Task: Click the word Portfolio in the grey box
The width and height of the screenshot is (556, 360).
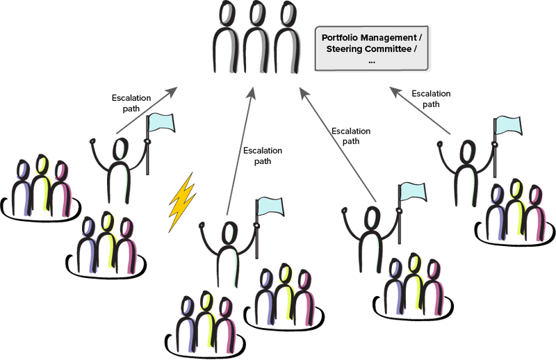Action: coord(343,36)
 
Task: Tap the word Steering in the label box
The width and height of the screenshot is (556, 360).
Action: coord(347,49)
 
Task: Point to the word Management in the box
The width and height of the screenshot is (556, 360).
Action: coord(394,36)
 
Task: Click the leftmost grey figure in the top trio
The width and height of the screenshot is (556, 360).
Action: coord(227,38)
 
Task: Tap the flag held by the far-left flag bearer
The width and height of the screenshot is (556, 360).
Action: coord(161,124)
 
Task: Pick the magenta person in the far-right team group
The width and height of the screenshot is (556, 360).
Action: coord(534,212)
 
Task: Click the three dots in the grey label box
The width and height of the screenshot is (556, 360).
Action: coord(372,61)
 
